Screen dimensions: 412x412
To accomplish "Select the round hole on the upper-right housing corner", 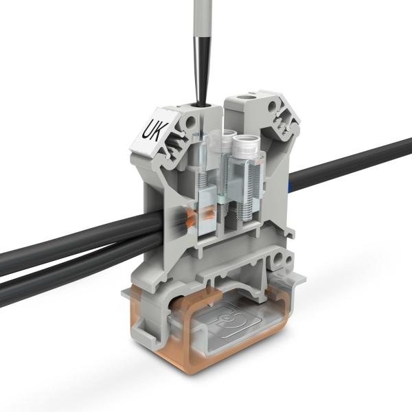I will click(x=274, y=107).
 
